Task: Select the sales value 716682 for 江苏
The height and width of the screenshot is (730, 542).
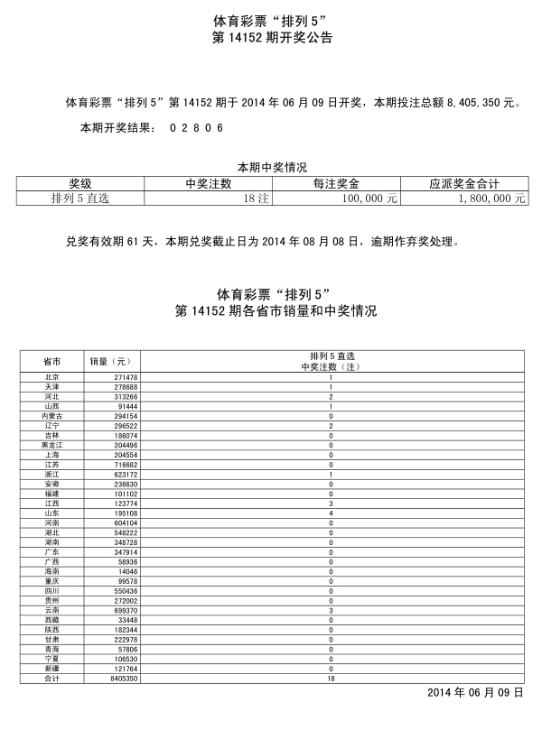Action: click(x=125, y=465)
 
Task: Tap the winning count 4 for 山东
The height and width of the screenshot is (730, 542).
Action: click(x=332, y=513)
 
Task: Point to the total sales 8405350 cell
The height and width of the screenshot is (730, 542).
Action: click(x=123, y=678)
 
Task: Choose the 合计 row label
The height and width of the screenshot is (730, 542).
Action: click(x=51, y=678)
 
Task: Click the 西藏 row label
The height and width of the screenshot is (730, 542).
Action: click(x=51, y=620)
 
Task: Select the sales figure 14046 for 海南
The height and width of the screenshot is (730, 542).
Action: click(x=126, y=572)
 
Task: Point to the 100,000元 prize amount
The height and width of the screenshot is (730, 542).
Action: click(x=366, y=198)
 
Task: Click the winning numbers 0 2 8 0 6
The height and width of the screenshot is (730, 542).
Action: click(x=195, y=129)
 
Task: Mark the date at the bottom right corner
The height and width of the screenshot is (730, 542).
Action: click(x=475, y=692)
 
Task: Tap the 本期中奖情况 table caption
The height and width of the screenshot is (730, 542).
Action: click(x=272, y=167)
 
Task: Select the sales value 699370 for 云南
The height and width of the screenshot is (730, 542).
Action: click(x=125, y=611)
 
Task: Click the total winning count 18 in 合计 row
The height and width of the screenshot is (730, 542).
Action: click(x=332, y=678)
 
